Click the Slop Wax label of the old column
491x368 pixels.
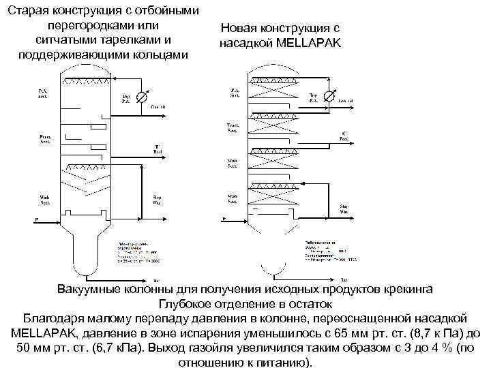pos(156,200)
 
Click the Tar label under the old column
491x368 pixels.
pos(156,281)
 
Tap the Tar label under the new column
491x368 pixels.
pos(344,279)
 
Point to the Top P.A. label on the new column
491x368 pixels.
pos(313,98)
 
